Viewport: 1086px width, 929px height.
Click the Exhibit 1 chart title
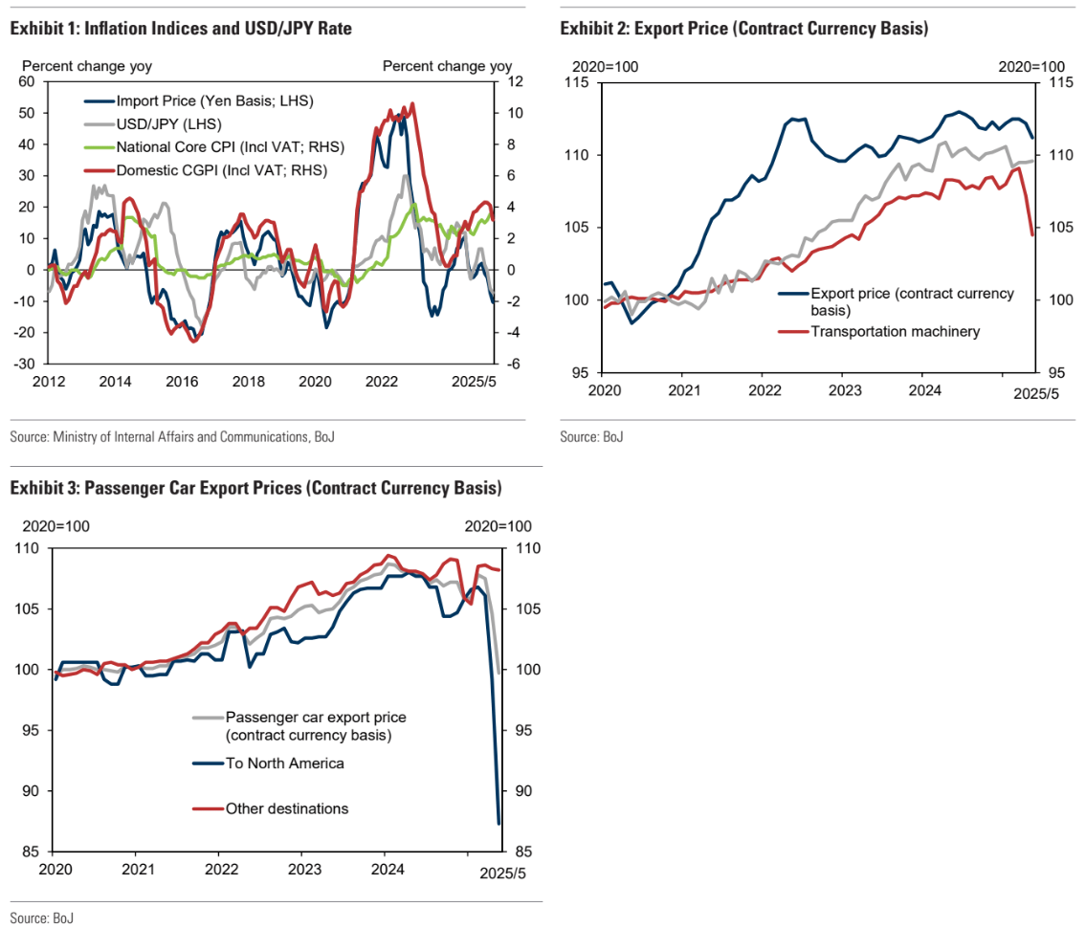pos(181,29)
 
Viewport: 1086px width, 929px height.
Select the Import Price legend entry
pos(213,100)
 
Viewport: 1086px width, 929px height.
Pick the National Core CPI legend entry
pos(230,147)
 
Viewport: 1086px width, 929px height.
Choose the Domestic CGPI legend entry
pos(221,170)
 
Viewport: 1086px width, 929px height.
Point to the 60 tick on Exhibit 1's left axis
pos(26,81)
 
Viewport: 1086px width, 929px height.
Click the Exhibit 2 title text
pos(744,29)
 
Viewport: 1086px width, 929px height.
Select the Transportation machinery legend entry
pos(896,332)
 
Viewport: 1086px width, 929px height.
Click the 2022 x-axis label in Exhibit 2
pos(764,390)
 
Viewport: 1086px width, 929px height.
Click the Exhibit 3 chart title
pos(255,488)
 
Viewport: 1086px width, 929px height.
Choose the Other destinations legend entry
pos(286,808)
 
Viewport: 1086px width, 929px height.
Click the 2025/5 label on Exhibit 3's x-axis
pos(502,872)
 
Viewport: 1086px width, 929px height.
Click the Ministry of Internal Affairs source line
pos(172,437)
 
